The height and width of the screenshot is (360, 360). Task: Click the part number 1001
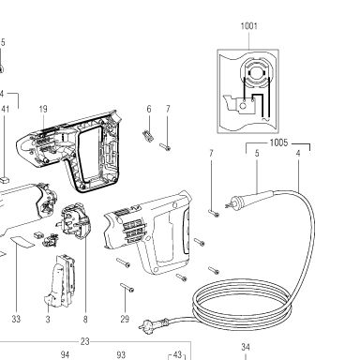tap(249, 26)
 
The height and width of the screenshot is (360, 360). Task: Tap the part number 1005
tap(278, 142)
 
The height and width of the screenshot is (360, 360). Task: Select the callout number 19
tap(43, 109)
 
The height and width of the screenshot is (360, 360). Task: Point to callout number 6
tap(149, 109)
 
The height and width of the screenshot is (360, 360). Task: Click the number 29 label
tap(125, 319)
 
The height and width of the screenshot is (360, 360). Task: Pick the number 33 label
tap(16, 319)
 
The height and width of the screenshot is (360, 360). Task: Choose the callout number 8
tap(85, 319)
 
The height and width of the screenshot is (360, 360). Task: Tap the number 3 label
tap(48, 319)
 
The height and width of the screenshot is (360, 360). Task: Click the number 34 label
tap(246, 347)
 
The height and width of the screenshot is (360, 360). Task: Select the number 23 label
tap(84, 341)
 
